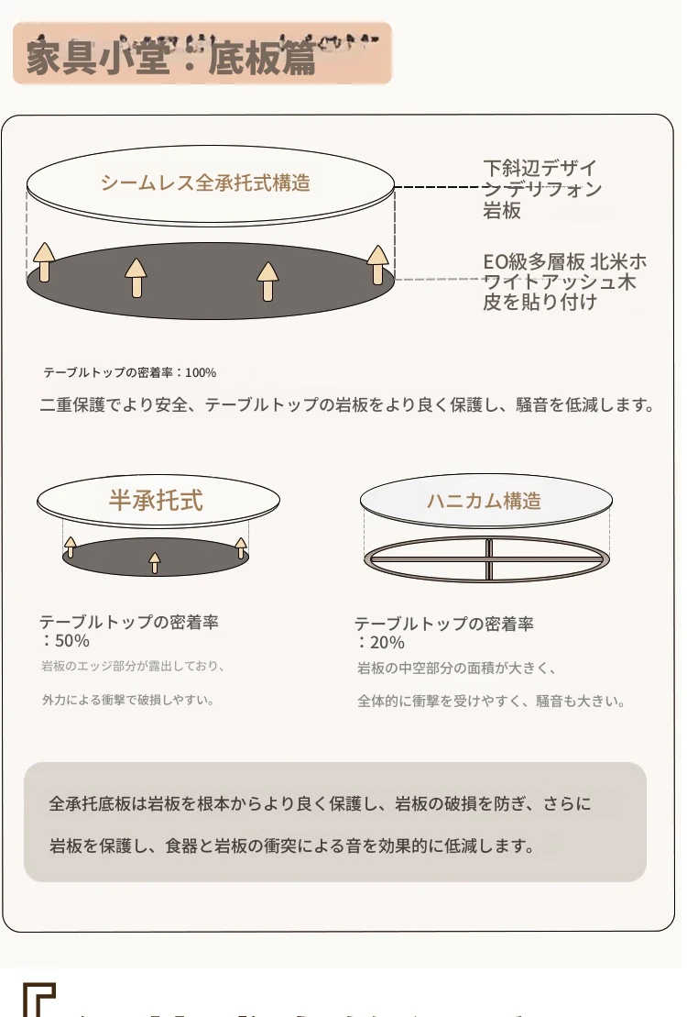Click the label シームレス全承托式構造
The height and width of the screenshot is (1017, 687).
[x=205, y=182]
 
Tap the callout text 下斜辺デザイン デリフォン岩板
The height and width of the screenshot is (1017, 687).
[x=542, y=190]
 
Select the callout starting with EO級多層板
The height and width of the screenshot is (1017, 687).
[x=564, y=282]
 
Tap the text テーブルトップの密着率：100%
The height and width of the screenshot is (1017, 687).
[x=130, y=373]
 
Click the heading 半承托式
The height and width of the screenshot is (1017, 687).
[x=156, y=500]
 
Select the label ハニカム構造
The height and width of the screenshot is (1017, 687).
[x=484, y=501]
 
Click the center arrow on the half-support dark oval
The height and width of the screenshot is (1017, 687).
[x=155, y=562]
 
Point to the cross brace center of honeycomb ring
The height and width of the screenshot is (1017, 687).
[x=489, y=558]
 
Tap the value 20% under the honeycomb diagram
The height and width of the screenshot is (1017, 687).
[x=382, y=642]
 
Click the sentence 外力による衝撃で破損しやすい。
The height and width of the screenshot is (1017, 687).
[x=128, y=700]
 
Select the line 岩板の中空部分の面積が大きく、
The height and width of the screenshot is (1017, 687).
[x=457, y=669]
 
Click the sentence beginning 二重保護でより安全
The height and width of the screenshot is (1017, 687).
[x=348, y=404]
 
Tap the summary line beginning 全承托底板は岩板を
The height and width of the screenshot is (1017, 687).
[x=321, y=804]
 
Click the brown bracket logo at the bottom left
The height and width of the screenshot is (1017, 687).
[x=40, y=1000]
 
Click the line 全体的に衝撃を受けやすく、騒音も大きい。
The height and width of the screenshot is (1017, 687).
[x=491, y=702]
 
